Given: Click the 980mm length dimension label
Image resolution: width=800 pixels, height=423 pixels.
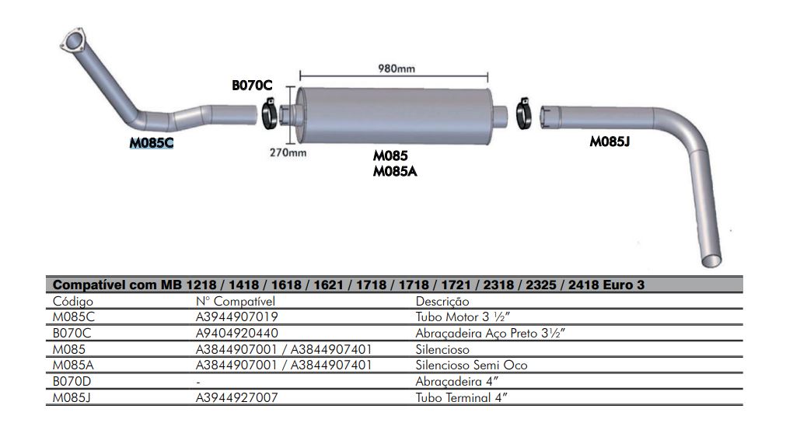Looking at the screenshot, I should tap(396, 68).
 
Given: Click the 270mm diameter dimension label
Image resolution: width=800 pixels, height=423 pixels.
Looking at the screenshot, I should tap(288, 152).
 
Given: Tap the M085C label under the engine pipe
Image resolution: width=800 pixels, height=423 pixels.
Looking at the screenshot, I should tap(152, 142).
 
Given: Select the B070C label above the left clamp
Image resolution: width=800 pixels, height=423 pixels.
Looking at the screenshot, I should tap(252, 86).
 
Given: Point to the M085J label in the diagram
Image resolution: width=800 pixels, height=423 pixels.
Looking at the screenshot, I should tap(610, 142).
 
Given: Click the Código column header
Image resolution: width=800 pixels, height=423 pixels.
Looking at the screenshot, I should tap(72, 301).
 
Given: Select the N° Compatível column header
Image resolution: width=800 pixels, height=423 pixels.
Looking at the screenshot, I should tap(236, 301).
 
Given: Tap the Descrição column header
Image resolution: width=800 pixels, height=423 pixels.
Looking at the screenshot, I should tap(442, 301).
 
